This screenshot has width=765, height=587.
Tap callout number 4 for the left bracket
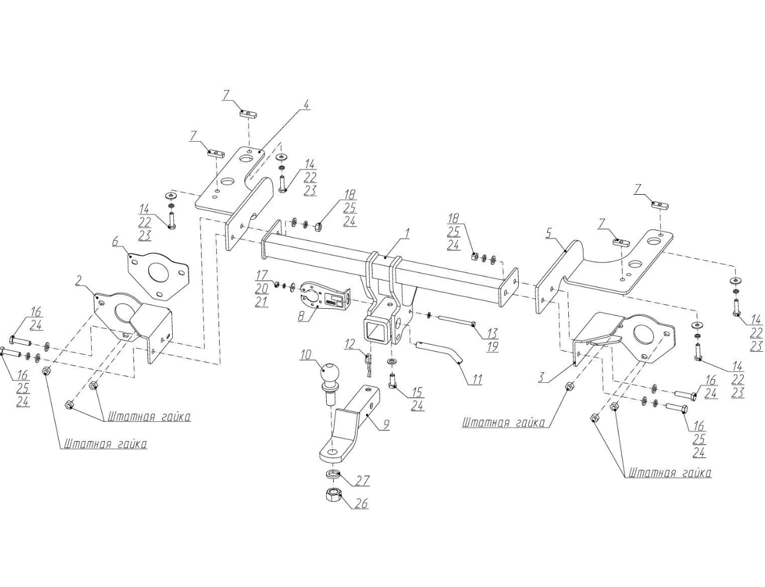[x=307, y=105]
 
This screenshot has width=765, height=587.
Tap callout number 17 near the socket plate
[x=261, y=275]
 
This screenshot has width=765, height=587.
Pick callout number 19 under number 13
[x=492, y=346]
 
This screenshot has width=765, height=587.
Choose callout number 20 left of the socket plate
[x=261, y=289]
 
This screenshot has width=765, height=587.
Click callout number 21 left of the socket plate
[x=261, y=302]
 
